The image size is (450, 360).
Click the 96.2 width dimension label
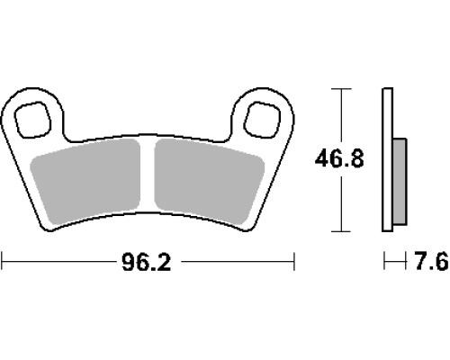146,262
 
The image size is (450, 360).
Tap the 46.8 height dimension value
339,158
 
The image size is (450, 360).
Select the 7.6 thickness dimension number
431,262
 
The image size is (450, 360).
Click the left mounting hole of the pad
33,120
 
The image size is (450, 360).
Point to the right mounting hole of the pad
262,120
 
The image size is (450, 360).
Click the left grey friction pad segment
85,183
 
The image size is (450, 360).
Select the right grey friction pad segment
209,182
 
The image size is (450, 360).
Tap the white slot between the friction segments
148,174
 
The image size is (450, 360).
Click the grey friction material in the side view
400,182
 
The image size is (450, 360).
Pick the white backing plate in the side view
387,159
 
